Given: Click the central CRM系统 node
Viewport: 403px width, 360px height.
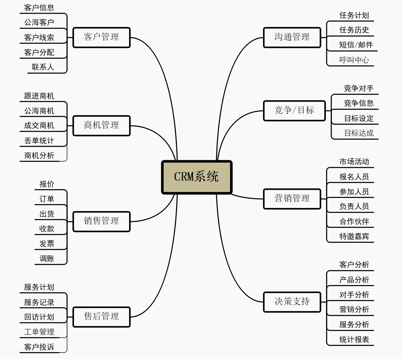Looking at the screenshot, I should (x=196, y=177).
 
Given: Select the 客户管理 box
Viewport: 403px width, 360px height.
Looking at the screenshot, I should (x=101, y=37).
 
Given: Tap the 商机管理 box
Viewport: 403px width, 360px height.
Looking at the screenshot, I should (x=101, y=125).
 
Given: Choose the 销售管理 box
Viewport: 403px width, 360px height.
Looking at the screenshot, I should (x=101, y=221).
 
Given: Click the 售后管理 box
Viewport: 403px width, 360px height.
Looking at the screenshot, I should (x=101, y=317).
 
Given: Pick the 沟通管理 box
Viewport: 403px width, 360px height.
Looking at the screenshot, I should (x=292, y=37).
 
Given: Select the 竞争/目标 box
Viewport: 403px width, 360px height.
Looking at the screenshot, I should (x=294, y=110).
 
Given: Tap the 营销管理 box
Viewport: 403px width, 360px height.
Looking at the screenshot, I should (x=292, y=199).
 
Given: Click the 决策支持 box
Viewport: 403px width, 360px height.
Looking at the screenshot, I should (x=292, y=302).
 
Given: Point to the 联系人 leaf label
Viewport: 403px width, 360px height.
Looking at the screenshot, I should (x=43, y=67).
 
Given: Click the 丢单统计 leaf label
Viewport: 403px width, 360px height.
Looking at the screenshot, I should (x=39, y=141).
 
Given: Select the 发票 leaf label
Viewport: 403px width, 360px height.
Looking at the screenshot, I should (x=47, y=244).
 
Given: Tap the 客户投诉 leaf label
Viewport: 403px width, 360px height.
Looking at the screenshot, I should (x=39, y=347).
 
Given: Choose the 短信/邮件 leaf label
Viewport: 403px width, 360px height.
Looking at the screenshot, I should (x=356, y=45).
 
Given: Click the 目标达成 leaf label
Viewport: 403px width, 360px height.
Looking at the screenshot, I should (x=359, y=133).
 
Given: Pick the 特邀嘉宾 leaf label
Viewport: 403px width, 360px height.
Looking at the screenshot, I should (x=354, y=236).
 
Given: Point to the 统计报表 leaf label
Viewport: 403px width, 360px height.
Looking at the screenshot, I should (x=354, y=339).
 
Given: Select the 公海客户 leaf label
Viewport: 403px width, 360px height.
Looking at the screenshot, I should (x=39, y=22).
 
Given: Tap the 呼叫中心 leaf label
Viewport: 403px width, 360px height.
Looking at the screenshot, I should (x=354, y=60).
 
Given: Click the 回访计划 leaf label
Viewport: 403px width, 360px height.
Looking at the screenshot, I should (x=39, y=317).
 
